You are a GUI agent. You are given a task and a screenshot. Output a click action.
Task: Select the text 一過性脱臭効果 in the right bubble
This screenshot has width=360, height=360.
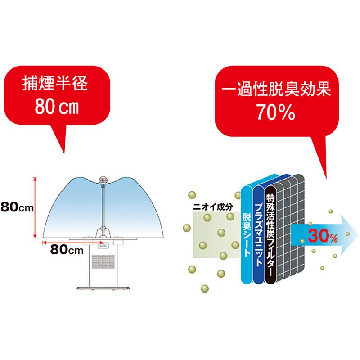tap(276, 90)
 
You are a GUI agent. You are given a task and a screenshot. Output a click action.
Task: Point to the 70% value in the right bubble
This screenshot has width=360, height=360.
tap(275, 112)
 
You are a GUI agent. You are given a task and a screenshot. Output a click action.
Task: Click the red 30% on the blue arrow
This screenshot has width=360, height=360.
tap(322, 235)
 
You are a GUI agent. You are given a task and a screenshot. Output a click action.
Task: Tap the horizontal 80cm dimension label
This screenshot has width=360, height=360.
tap(67, 250)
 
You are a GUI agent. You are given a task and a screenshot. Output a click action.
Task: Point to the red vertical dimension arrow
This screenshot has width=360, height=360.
tap(35, 207)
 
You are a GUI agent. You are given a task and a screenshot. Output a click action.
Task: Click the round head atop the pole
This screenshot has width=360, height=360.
tap(104, 180)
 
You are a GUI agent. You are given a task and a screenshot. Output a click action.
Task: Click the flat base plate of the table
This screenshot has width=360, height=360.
tap(104, 288)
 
